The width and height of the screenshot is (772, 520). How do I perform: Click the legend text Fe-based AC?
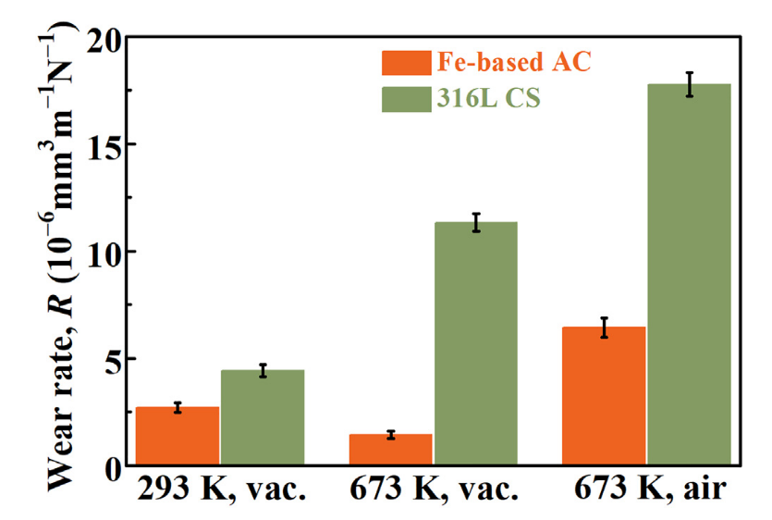[511, 63]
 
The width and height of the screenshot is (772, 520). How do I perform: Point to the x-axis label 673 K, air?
[647, 491]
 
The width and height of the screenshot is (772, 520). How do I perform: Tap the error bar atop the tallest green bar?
[689, 84]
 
